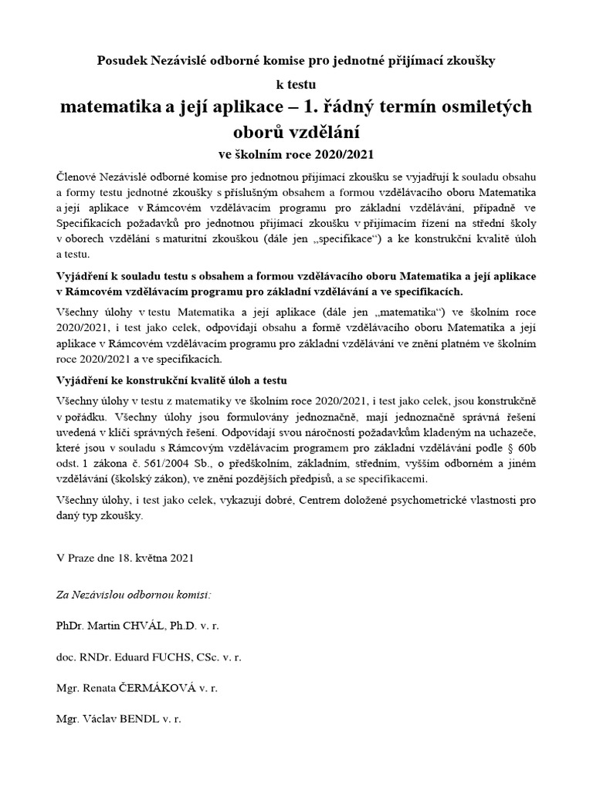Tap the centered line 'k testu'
pos(296,84)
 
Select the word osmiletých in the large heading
pos(483,106)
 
